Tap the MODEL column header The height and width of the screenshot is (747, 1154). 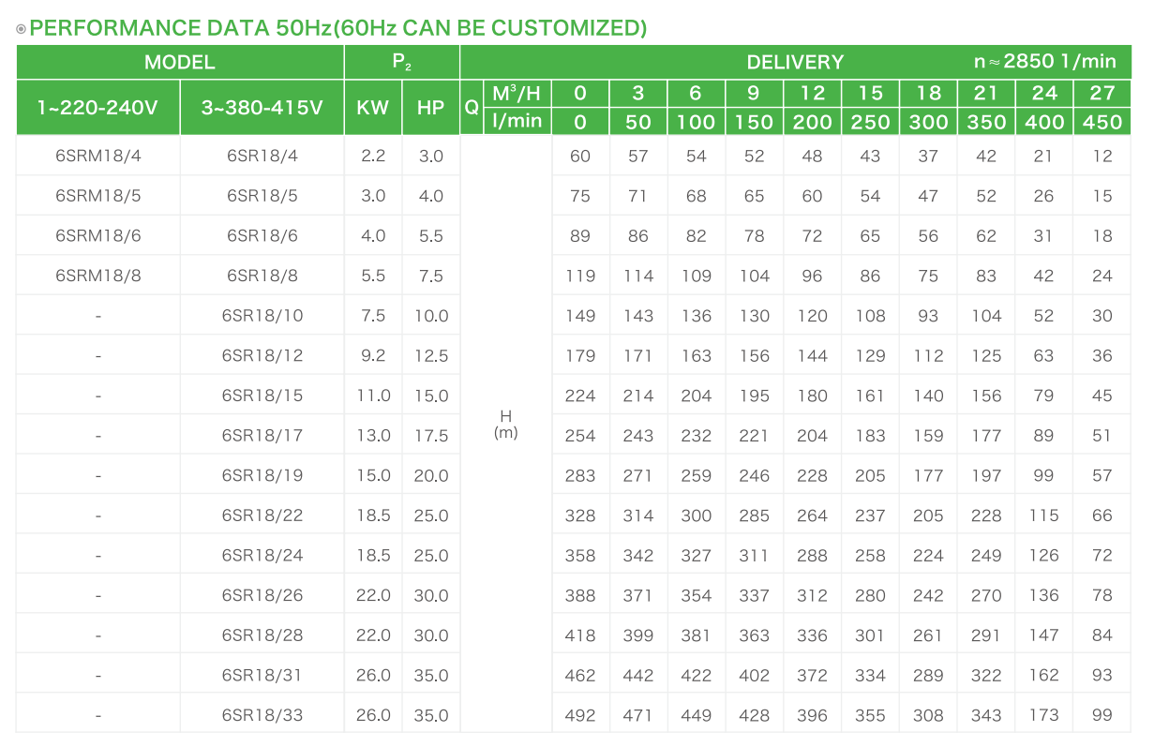[179, 63]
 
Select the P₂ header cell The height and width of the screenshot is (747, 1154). [402, 63]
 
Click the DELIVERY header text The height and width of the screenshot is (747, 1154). [795, 63]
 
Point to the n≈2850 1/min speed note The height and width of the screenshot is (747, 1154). [1044, 62]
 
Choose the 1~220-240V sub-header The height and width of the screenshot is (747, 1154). [97, 107]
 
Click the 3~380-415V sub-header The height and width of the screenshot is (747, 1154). [262, 107]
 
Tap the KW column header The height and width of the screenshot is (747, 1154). [373, 107]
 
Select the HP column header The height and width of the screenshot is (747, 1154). [431, 107]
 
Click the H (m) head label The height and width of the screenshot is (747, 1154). [505, 424]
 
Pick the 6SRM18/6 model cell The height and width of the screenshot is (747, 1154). [97, 236]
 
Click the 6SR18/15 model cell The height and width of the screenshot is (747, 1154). [262, 396]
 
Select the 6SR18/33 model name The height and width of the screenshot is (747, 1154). [262, 715]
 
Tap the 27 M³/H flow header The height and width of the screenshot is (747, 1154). [1102, 93]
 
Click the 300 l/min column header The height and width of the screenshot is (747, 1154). [928, 122]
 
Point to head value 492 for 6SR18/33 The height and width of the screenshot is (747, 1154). [580, 715]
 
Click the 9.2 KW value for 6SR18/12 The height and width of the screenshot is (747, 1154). [373, 356]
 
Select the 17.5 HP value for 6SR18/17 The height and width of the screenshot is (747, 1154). [431, 436]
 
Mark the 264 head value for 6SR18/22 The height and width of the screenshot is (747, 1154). [812, 515]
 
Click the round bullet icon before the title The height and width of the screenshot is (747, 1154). [22, 29]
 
